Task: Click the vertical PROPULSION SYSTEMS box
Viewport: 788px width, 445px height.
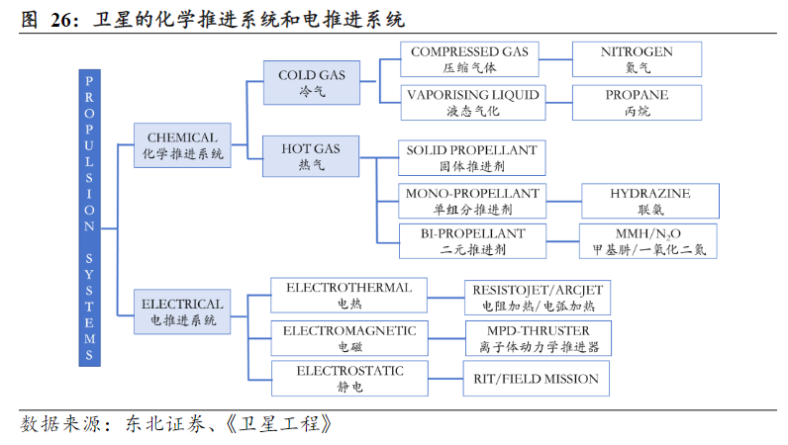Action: pos(90,219)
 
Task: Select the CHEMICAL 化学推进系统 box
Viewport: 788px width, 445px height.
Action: pos(182,145)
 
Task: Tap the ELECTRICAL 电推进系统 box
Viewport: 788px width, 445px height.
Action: pos(182,310)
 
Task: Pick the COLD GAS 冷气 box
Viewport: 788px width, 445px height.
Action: pos(311,83)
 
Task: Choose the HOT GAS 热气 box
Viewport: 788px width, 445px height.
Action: pos(311,156)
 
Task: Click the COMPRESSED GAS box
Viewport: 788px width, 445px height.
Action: pos(469,59)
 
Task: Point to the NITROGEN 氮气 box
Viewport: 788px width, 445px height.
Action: pos(637,59)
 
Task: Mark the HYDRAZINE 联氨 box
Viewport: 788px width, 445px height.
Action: pos(649,201)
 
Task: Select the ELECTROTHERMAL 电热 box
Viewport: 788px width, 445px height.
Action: pos(349,296)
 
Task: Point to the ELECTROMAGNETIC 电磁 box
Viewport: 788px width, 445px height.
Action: pos(349,337)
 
